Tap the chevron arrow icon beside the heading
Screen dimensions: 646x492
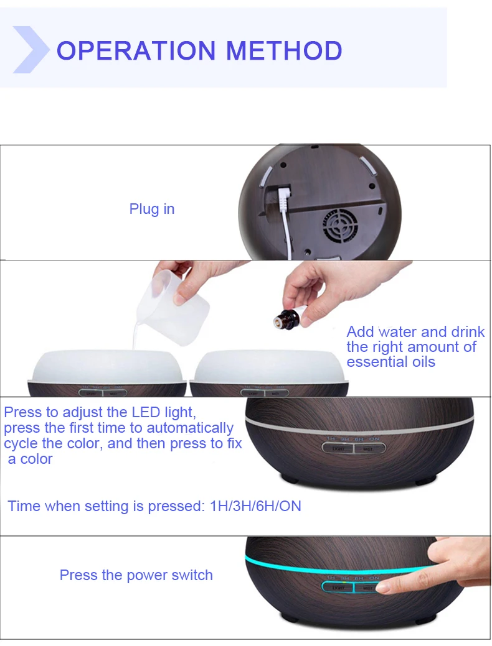coord(30,50)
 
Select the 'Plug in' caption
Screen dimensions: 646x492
coord(152,209)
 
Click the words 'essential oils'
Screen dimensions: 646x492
coord(390,362)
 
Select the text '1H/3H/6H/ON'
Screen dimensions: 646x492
coord(255,506)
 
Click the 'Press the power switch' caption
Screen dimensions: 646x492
coord(136,575)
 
